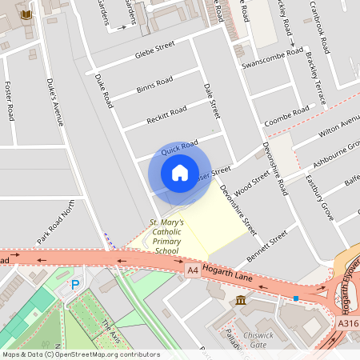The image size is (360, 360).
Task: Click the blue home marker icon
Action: [x=180, y=173]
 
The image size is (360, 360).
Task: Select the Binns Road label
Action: [x=154, y=83]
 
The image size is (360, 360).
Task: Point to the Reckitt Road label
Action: [x=166, y=114]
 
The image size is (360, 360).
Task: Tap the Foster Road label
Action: [x=10, y=102]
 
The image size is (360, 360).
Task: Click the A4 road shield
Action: [x=192, y=271]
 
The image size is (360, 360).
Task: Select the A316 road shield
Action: [x=346, y=322]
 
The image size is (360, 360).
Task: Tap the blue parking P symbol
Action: [x=76, y=284]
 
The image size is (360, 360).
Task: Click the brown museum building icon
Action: [x=241, y=300]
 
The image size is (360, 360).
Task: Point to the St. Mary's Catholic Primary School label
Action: [x=167, y=237]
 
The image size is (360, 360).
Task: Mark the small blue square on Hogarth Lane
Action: [x=296, y=298]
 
